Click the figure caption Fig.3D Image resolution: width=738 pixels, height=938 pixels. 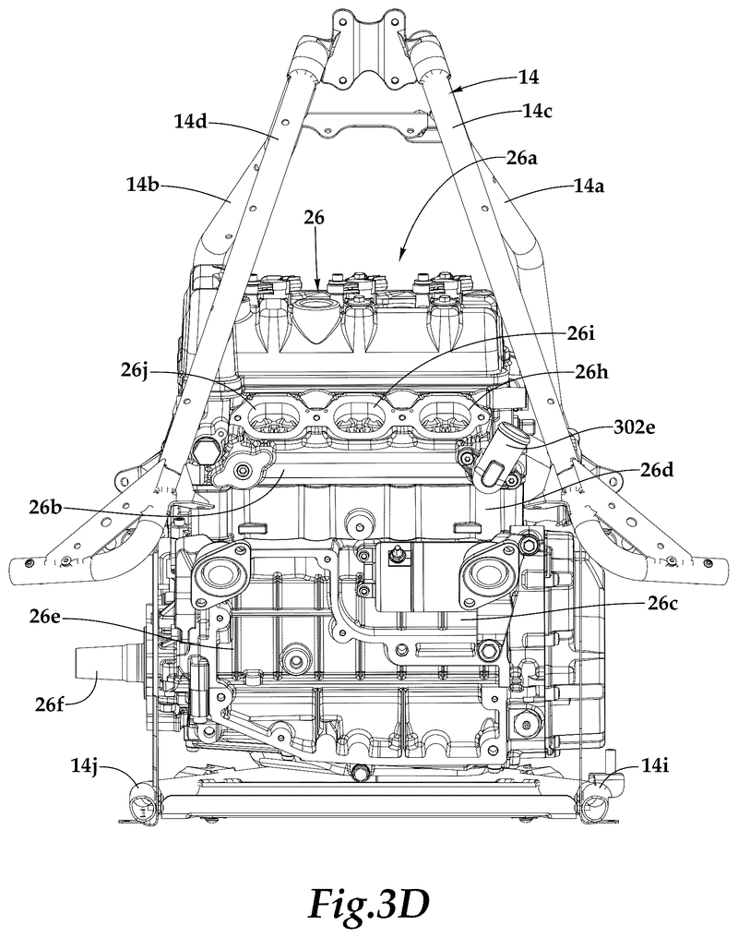(369, 904)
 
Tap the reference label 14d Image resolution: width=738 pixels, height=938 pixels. (190, 122)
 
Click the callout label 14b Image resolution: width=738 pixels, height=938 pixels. (142, 185)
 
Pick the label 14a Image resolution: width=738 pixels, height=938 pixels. (589, 186)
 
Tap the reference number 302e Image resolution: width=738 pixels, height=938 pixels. (635, 427)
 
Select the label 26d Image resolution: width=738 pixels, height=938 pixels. (658, 470)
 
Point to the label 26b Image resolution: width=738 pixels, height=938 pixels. (45, 507)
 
